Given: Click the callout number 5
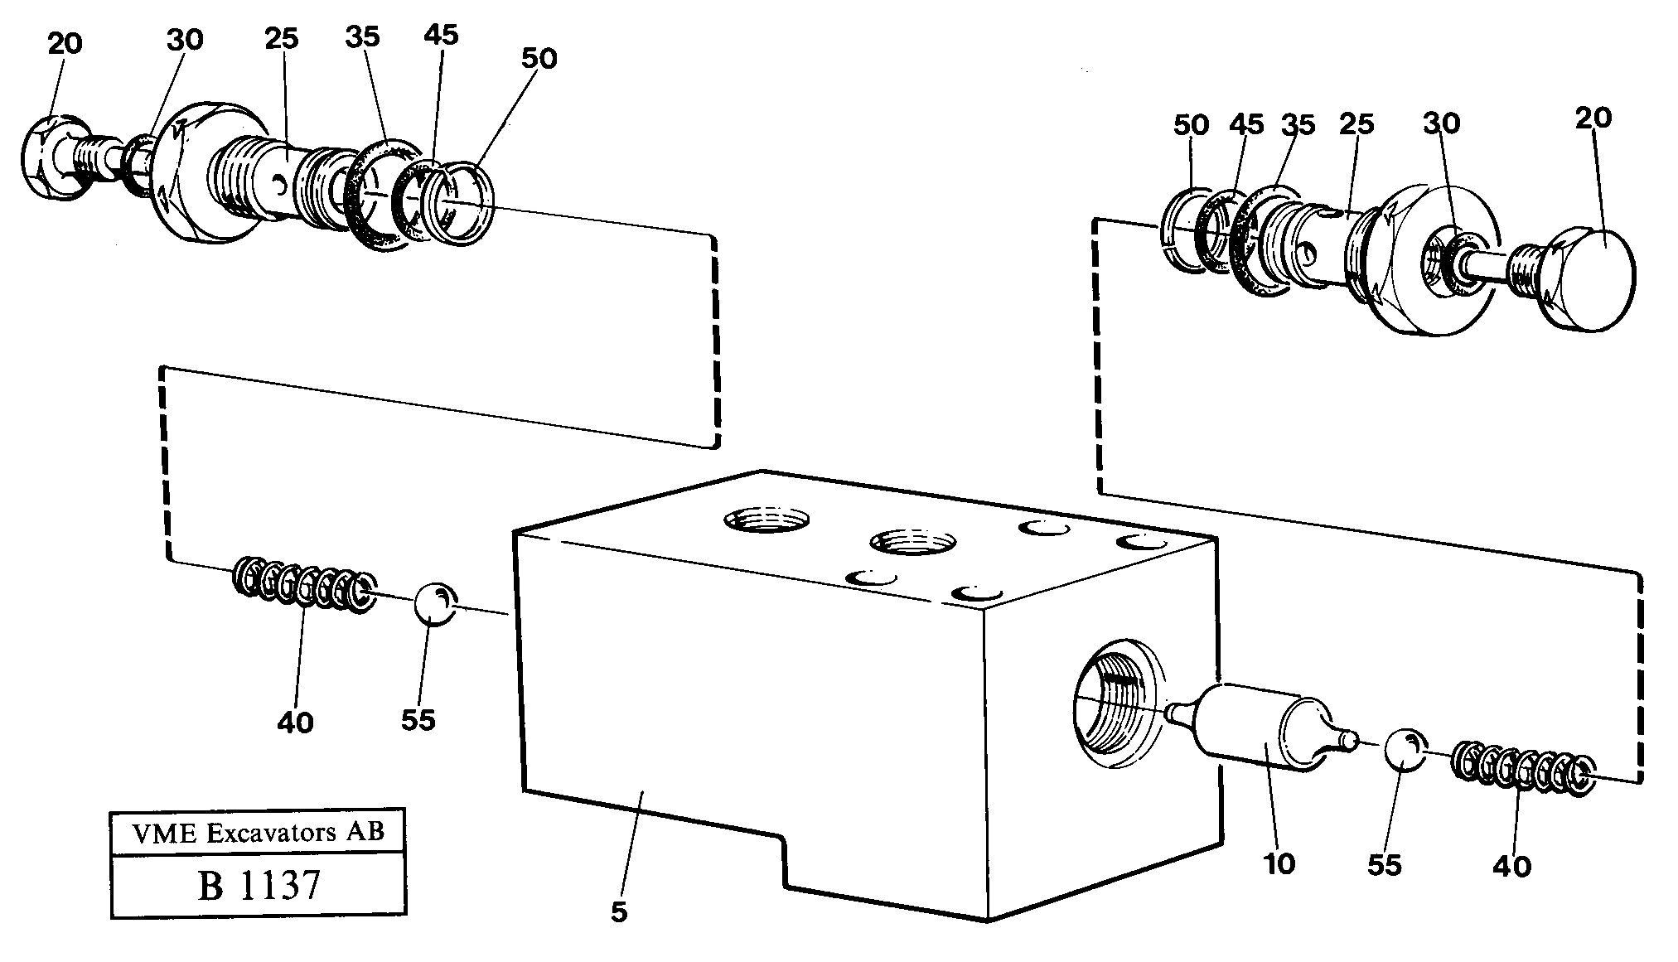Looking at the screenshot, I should [x=619, y=913].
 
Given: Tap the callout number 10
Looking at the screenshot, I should [x=1279, y=864].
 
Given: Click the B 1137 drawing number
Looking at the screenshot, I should [x=259, y=885].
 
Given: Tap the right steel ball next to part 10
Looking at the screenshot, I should [x=1403, y=749].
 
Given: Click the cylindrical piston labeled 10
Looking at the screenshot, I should [x=1260, y=729].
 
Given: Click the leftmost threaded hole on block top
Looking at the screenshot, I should [x=766, y=520].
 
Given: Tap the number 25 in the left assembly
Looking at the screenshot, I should [x=282, y=39].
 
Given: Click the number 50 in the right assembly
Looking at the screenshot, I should [x=1191, y=125].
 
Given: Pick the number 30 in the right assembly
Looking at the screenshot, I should [x=1441, y=123].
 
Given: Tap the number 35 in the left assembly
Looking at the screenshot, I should [x=362, y=36].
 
